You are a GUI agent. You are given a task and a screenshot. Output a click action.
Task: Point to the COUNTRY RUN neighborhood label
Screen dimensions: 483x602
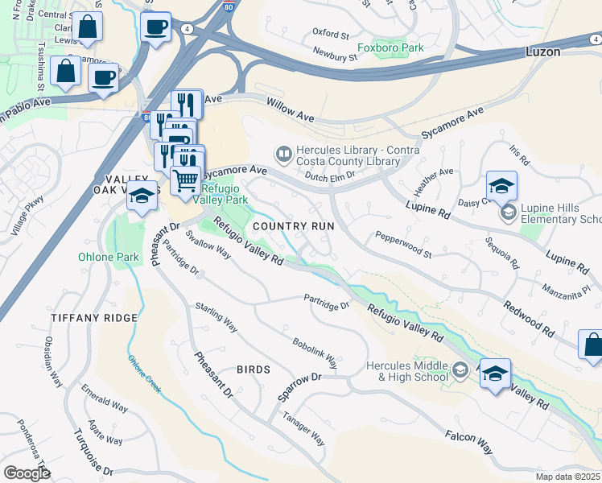click(293, 227)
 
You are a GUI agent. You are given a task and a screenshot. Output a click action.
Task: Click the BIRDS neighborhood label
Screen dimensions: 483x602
click(253, 369)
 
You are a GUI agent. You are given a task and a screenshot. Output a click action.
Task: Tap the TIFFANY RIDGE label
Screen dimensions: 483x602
click(94, 318)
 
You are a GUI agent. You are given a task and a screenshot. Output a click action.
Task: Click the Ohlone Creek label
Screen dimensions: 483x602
click(145, 374)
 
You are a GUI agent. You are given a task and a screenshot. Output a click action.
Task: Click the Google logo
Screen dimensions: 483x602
click(27, 473)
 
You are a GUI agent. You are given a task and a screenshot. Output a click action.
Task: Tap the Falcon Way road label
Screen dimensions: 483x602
click(469, 440)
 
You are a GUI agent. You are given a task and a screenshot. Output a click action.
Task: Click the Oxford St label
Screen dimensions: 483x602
click(331, 35)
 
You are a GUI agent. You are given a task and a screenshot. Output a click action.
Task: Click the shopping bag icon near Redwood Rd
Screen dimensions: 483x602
click(592, 345)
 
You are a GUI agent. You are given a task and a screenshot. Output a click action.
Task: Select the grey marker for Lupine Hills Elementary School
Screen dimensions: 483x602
click(507, 213)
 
